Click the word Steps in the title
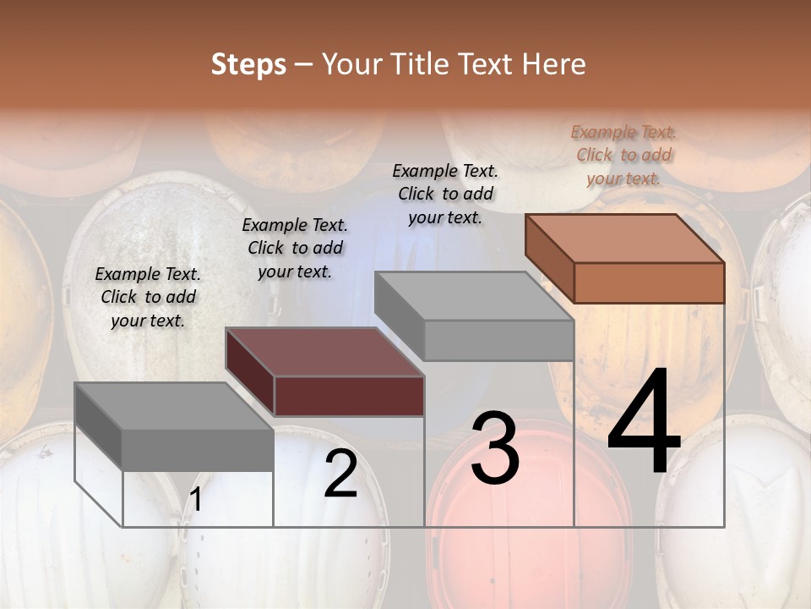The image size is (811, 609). pos(248,64)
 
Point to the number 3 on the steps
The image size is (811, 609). pos(494,447)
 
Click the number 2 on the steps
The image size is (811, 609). pos(340,475)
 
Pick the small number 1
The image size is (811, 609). pos(195,500)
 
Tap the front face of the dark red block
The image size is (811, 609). pos(349,396)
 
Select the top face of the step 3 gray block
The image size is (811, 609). pos(473,296)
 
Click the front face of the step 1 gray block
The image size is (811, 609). pos(198,449)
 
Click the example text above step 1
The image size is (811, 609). pos(148,297)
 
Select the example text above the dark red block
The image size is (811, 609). pos(295,248)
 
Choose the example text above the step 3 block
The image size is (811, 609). pos(445,194)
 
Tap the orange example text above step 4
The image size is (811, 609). pos(623,155)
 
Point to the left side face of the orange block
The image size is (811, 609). pos(549,258)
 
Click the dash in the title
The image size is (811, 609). pos(303,65)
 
